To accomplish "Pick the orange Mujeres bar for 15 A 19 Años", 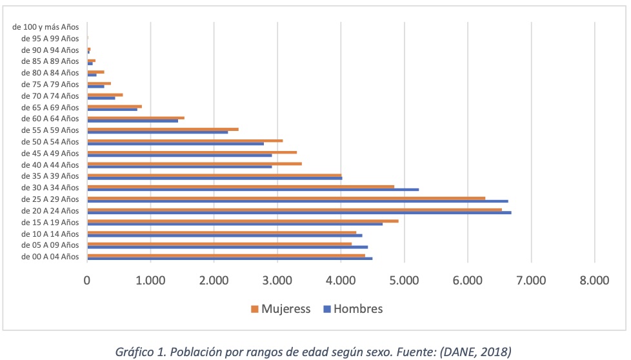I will point(243,221).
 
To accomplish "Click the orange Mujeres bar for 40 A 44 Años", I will point(194,164).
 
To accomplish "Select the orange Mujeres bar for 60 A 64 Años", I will point(135,118).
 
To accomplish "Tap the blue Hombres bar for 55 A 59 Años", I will point(157,132).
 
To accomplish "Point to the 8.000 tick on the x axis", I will point(594,280).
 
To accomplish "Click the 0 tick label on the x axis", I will point(87,280).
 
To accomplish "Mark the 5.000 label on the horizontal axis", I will point(404,280).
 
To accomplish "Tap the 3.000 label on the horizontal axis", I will point(277,280).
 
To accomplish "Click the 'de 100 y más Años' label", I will point(45,27).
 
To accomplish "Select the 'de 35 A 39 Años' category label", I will point(50,176).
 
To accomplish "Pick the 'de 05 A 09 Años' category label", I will point(50,245).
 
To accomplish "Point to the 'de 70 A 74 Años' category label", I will point(50,95).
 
